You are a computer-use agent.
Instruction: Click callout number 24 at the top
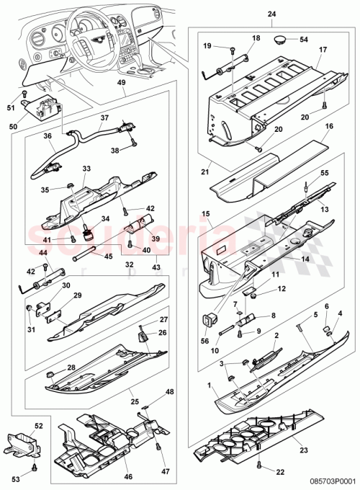[271, 14]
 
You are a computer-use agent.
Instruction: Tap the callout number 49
[121, 83]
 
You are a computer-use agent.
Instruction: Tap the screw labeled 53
[34, 471]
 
